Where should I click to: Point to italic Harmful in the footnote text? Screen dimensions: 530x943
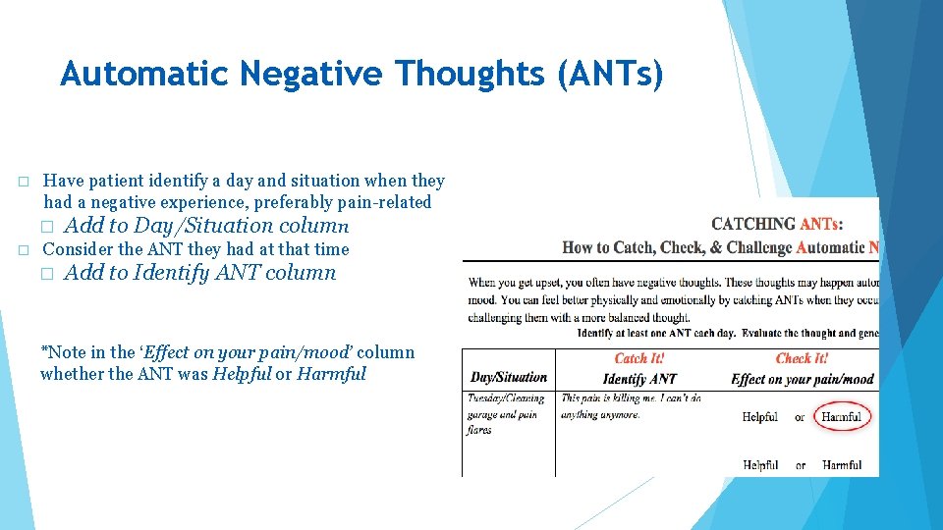click(x=331, y=374)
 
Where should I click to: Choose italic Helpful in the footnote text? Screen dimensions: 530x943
click(x=241, y=374)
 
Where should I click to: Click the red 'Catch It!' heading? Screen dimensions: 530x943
click(x=638, y=359)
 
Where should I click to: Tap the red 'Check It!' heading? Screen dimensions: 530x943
click(x=802, y=359)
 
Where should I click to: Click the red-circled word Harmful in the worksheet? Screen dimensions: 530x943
click(x=842, y=417)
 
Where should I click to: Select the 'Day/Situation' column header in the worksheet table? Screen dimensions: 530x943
click(x=509, y=378)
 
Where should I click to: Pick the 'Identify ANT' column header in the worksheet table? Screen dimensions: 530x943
click(x=639, y=379)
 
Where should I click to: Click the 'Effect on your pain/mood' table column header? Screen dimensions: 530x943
click(x=803, y=379)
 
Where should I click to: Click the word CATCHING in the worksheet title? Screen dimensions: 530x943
click(x=753, y=225)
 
